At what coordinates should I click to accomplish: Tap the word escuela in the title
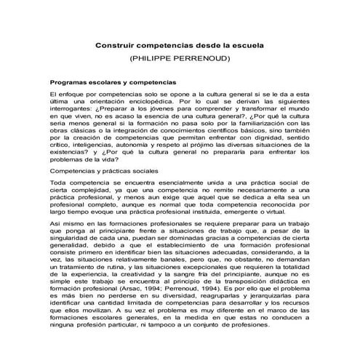point(244,45)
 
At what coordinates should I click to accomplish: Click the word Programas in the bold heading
point(69,84)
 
